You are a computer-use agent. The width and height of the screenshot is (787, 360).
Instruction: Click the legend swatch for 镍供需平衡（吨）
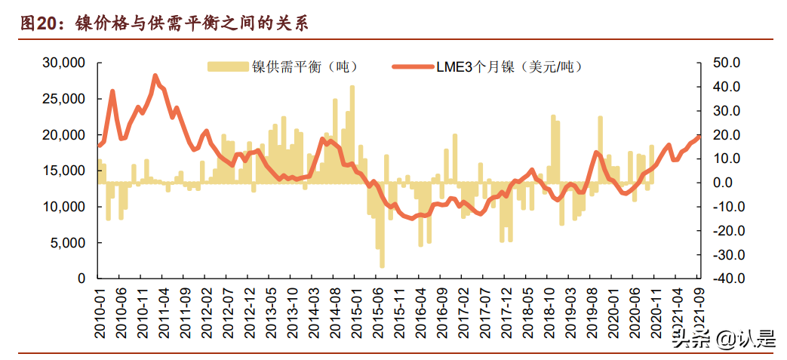click(x=229, y=67)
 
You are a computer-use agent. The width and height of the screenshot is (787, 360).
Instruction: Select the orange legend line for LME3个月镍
click(x=412, y=67)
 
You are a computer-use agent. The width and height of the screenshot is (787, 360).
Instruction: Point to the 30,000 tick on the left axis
click(x=63, y=63)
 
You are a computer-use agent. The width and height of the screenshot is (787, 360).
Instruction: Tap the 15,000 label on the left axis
click(x=63, y=171)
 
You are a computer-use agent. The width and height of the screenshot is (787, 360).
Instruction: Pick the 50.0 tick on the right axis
click(x=728, y=63)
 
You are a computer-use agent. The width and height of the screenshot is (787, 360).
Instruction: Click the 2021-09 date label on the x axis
click(x=699, y=311)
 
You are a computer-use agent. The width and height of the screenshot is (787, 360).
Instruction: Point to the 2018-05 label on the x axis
click(x=529, y=311)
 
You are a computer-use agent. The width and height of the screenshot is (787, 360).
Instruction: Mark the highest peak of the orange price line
click(x=155, y=75)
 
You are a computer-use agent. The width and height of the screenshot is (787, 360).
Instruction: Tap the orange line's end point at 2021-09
click(x=699, y=136)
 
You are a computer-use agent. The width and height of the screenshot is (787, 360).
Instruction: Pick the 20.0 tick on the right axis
click(x=728, y=134)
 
